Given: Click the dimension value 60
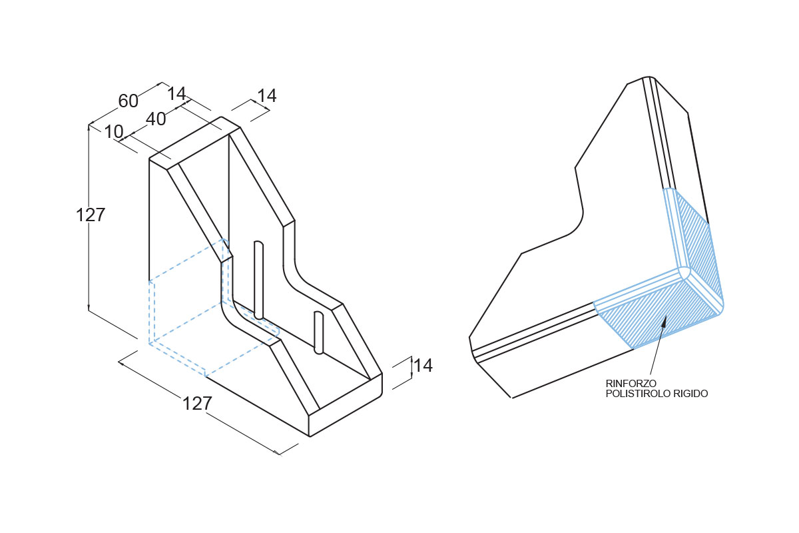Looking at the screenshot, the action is pos(128,101).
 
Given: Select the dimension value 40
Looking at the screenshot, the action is pos(156,119).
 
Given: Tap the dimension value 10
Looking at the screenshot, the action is pos(114,132).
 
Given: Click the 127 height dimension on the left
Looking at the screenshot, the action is pos(91,215).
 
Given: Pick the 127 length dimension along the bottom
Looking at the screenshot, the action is pos(197,403).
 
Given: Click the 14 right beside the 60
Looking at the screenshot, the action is pos(176,94).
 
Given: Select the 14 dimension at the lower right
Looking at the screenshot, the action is pos(423,365).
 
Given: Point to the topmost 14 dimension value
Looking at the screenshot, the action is pos(267,96).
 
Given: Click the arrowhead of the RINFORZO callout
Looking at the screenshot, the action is pos(664,322).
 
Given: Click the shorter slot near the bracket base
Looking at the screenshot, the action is pos(318,332).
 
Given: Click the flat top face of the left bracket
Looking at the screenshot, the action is pos(194,143).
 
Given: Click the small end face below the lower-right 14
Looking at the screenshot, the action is pos(346,404).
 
